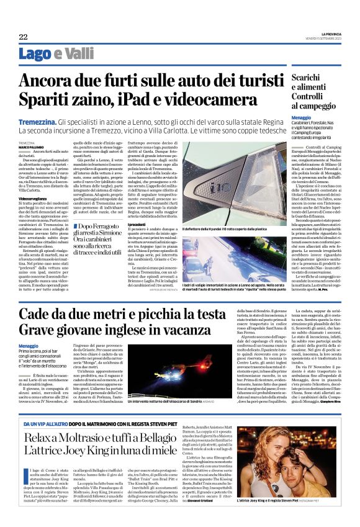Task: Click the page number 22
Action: [x=23, y=37]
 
